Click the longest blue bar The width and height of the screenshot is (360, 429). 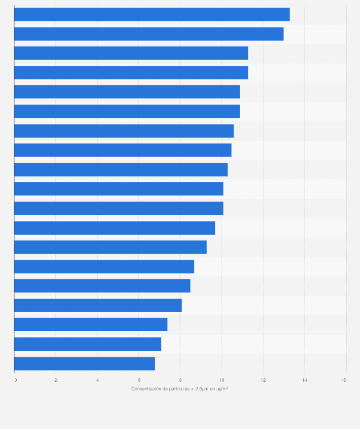[152, 14]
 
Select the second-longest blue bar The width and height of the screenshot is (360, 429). [148, 34]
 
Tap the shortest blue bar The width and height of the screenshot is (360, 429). [85, 364]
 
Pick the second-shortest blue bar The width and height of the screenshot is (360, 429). [87, 344]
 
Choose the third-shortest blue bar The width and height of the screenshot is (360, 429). [91, 324]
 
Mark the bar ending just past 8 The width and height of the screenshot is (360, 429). [98, 305]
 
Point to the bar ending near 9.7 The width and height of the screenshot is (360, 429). [115, 228]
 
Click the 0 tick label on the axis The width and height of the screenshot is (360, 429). [16, 380]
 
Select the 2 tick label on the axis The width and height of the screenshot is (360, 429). [56, 380]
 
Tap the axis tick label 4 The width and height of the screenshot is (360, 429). [97, 380]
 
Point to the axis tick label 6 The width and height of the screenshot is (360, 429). [139, 380]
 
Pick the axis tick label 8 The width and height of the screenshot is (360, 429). [180, 380]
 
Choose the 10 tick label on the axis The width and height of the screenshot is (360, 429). [222, 380]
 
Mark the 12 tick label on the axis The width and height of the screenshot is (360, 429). [263, 380]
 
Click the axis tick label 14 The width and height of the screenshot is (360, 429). [304, 380]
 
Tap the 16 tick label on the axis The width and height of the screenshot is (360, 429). [343, 380]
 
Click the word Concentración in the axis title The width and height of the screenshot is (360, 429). [146, 389]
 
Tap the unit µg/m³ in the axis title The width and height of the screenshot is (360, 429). [222, 389]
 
